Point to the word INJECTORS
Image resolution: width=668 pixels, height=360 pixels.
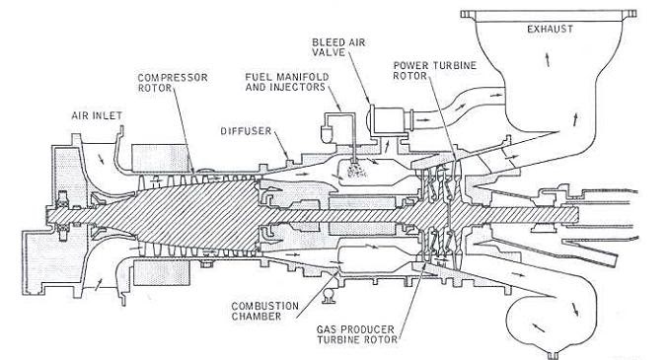coord(300,87)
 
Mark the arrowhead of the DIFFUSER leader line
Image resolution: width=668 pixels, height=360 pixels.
coord(288,153)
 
